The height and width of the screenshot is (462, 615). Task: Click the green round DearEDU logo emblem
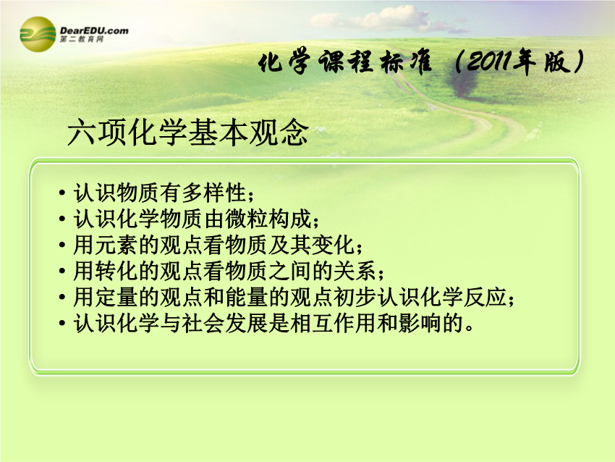pos(38,34)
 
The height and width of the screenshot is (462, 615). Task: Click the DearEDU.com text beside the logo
pos(94,30)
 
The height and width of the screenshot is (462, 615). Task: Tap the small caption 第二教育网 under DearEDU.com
pos(82,39)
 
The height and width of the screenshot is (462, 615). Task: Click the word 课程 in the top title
pos(346,62)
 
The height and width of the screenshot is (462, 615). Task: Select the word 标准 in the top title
pos(407,63)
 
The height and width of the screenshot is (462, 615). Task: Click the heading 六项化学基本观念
pos(188,133)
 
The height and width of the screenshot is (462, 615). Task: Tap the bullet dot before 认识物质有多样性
pos(62,193)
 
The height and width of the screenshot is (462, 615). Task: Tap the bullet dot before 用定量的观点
pos(62,298)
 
